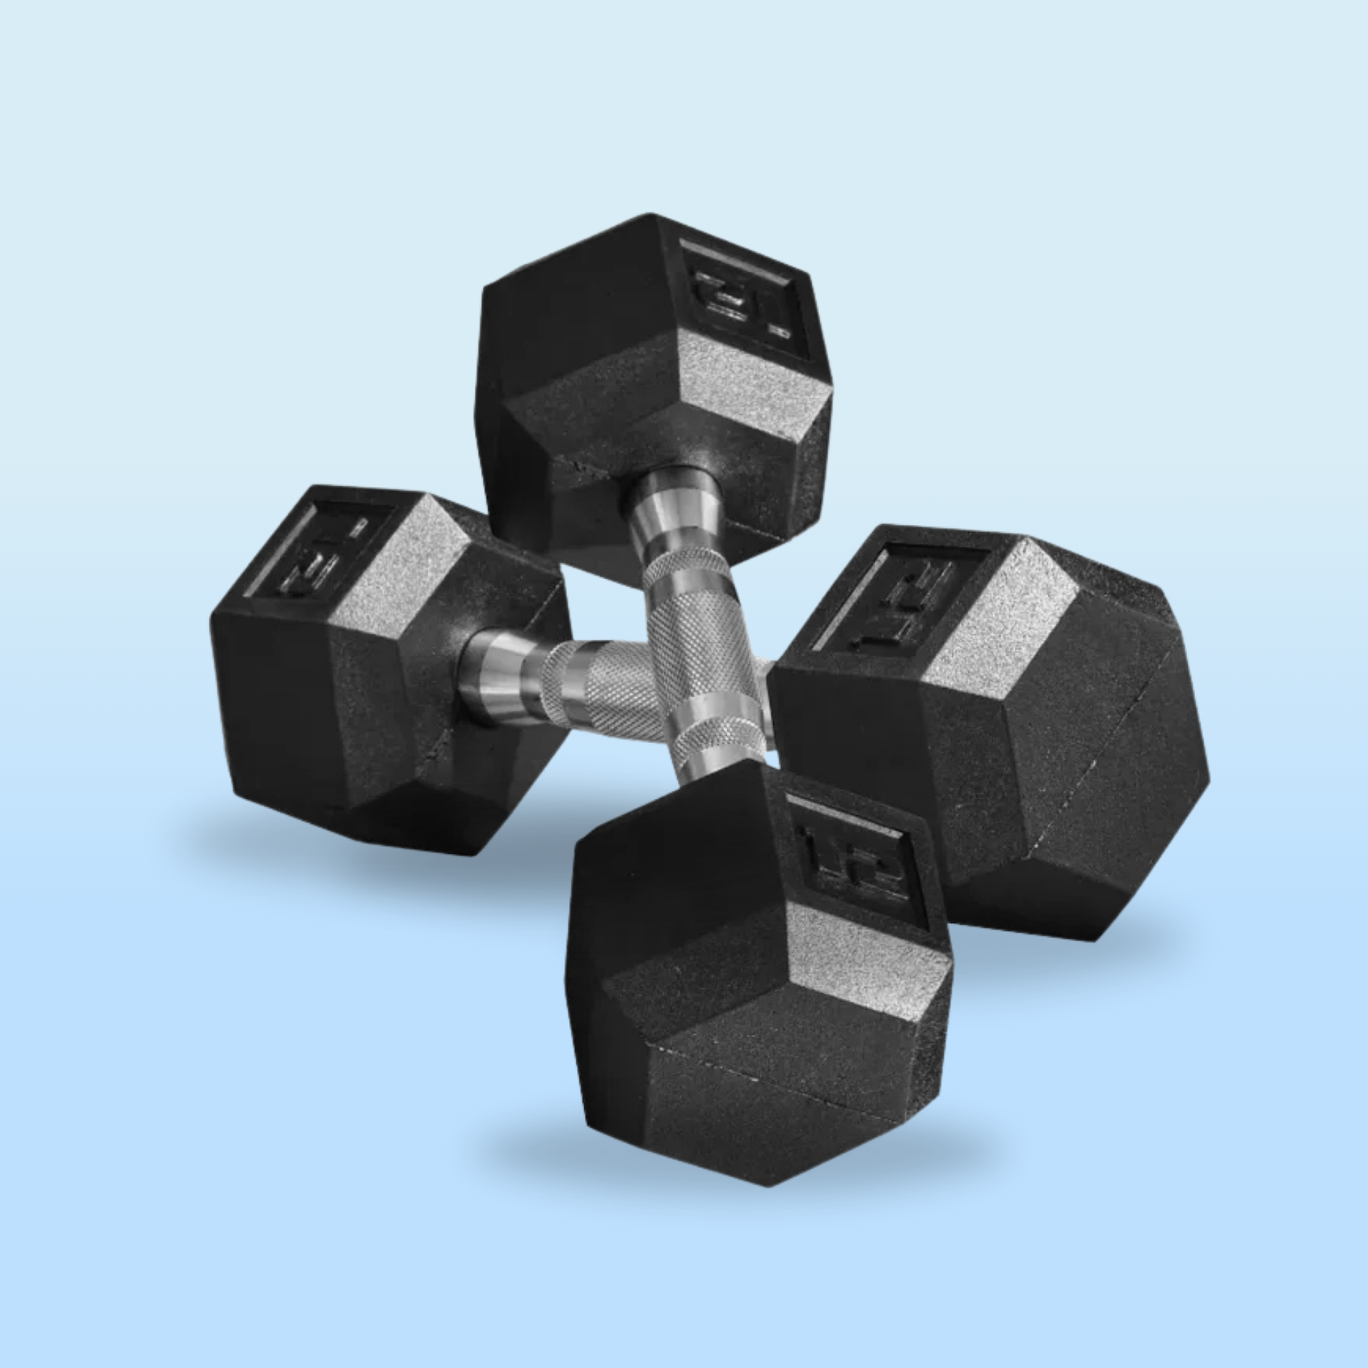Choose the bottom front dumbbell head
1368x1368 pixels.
[x=758, y=1001]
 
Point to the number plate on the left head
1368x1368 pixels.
[x=318, y=551]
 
